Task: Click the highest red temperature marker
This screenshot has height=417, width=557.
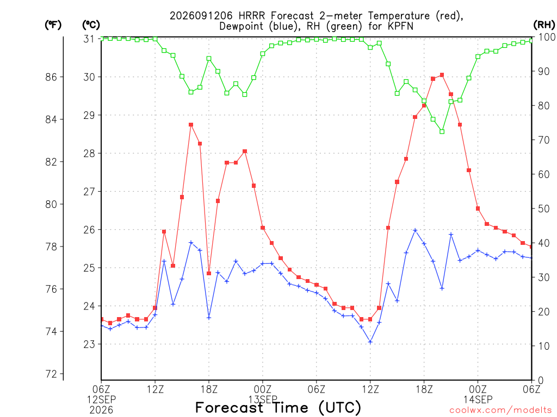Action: click(x=442, y=75)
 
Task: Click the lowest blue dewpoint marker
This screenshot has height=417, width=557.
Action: click(x=370, y=342)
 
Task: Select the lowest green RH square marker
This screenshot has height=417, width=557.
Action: click(x=442, y=131)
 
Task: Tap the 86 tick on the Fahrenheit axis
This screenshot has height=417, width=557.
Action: click(x=51, y=77)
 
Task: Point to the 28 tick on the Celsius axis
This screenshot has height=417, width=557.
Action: click(x=90, y=154)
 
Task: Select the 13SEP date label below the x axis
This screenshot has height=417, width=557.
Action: click(x=263, y=399)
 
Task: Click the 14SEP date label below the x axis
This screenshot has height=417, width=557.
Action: click(x=478, y=399)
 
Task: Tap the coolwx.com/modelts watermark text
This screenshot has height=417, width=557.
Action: click(x=500, y=410)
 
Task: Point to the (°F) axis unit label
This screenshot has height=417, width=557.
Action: click(x=53, y=25)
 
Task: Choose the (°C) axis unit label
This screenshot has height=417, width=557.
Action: click(x=91, y=25)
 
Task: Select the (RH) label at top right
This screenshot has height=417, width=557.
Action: click(x=544, y=25)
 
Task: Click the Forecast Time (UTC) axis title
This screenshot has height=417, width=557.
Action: click(x=278, y=408)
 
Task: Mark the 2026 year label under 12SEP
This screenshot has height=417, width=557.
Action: click(x=101, y=410)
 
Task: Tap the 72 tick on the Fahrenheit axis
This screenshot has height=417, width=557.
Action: click(x=51, y=374)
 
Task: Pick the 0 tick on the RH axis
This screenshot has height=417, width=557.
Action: click(x=541, y=381)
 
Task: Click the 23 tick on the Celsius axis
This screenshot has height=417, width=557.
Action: click(x=90, y=344)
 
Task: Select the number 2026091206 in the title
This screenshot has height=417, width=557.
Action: click(x=201, y=16)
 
